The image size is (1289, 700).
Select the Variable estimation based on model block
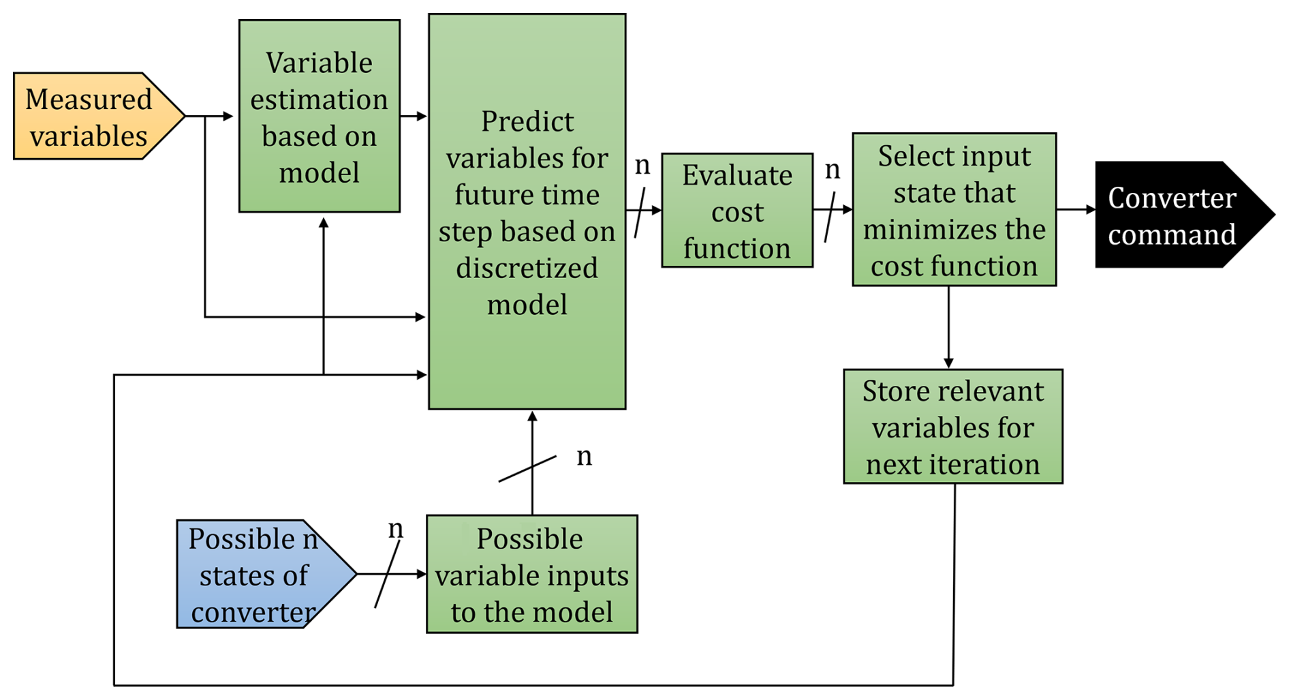point(319,117)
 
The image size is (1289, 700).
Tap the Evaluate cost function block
point(737,211)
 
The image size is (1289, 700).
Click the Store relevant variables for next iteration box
point(952,427)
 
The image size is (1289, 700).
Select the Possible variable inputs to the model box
point(531,575)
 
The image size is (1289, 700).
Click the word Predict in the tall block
point(527,121)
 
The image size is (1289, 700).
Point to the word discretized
point(527,268)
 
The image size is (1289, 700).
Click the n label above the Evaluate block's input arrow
point(642,165)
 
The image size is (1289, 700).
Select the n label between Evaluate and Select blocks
point(832,169)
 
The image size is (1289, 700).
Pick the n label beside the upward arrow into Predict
point(584,456)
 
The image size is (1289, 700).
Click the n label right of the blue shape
point(395,529)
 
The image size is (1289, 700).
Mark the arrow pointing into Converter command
point(1076,210)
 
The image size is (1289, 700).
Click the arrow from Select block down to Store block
point(948,327)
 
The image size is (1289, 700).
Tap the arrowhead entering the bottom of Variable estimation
point(324,223)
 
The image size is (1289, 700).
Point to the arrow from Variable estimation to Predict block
point(414,117)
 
